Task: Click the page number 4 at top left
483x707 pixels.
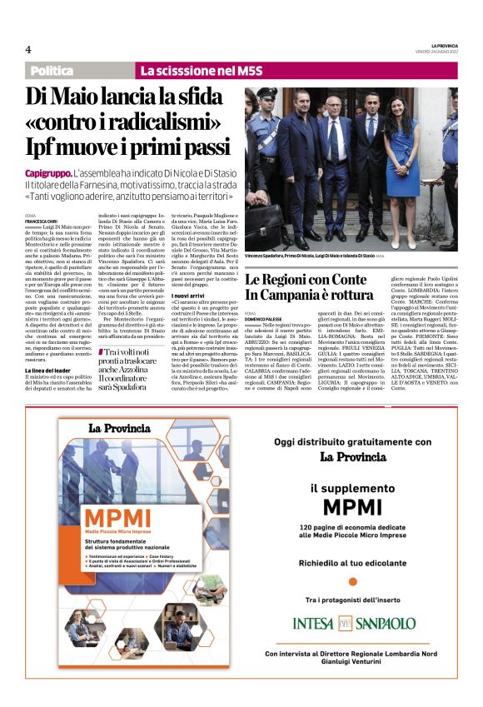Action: pyautogui.click(x=28, y=49)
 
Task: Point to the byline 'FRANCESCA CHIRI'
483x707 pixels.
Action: pyautogui.click(x=41, y=221)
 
